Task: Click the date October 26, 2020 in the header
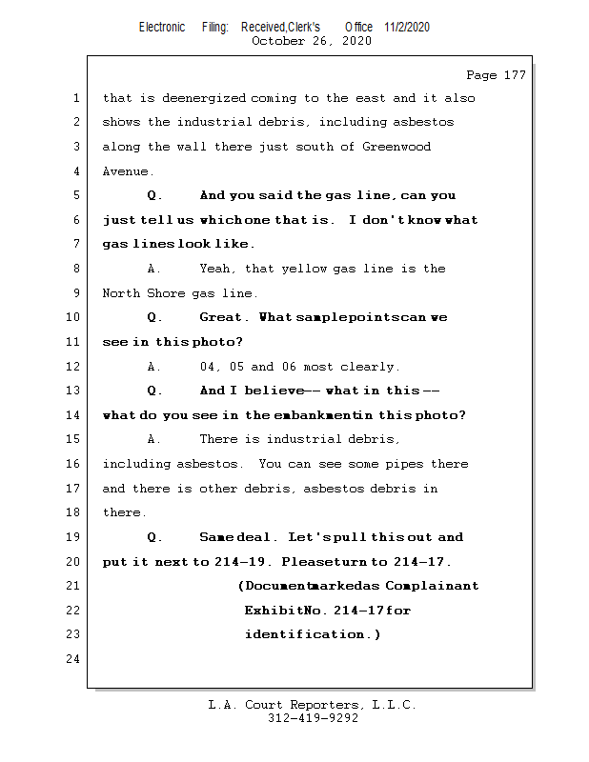tap(312, 41)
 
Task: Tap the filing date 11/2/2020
tap(407, 27)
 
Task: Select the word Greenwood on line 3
tap(397, 147)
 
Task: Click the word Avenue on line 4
tap(125, 171)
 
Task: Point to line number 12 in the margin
tap(74, 366)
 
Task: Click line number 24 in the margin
tap(74, 659)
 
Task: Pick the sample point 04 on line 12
tap(208, 366)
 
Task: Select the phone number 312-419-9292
tap(312, 718)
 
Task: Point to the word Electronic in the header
tap(162, 27)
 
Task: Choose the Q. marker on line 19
tap(156, 537)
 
